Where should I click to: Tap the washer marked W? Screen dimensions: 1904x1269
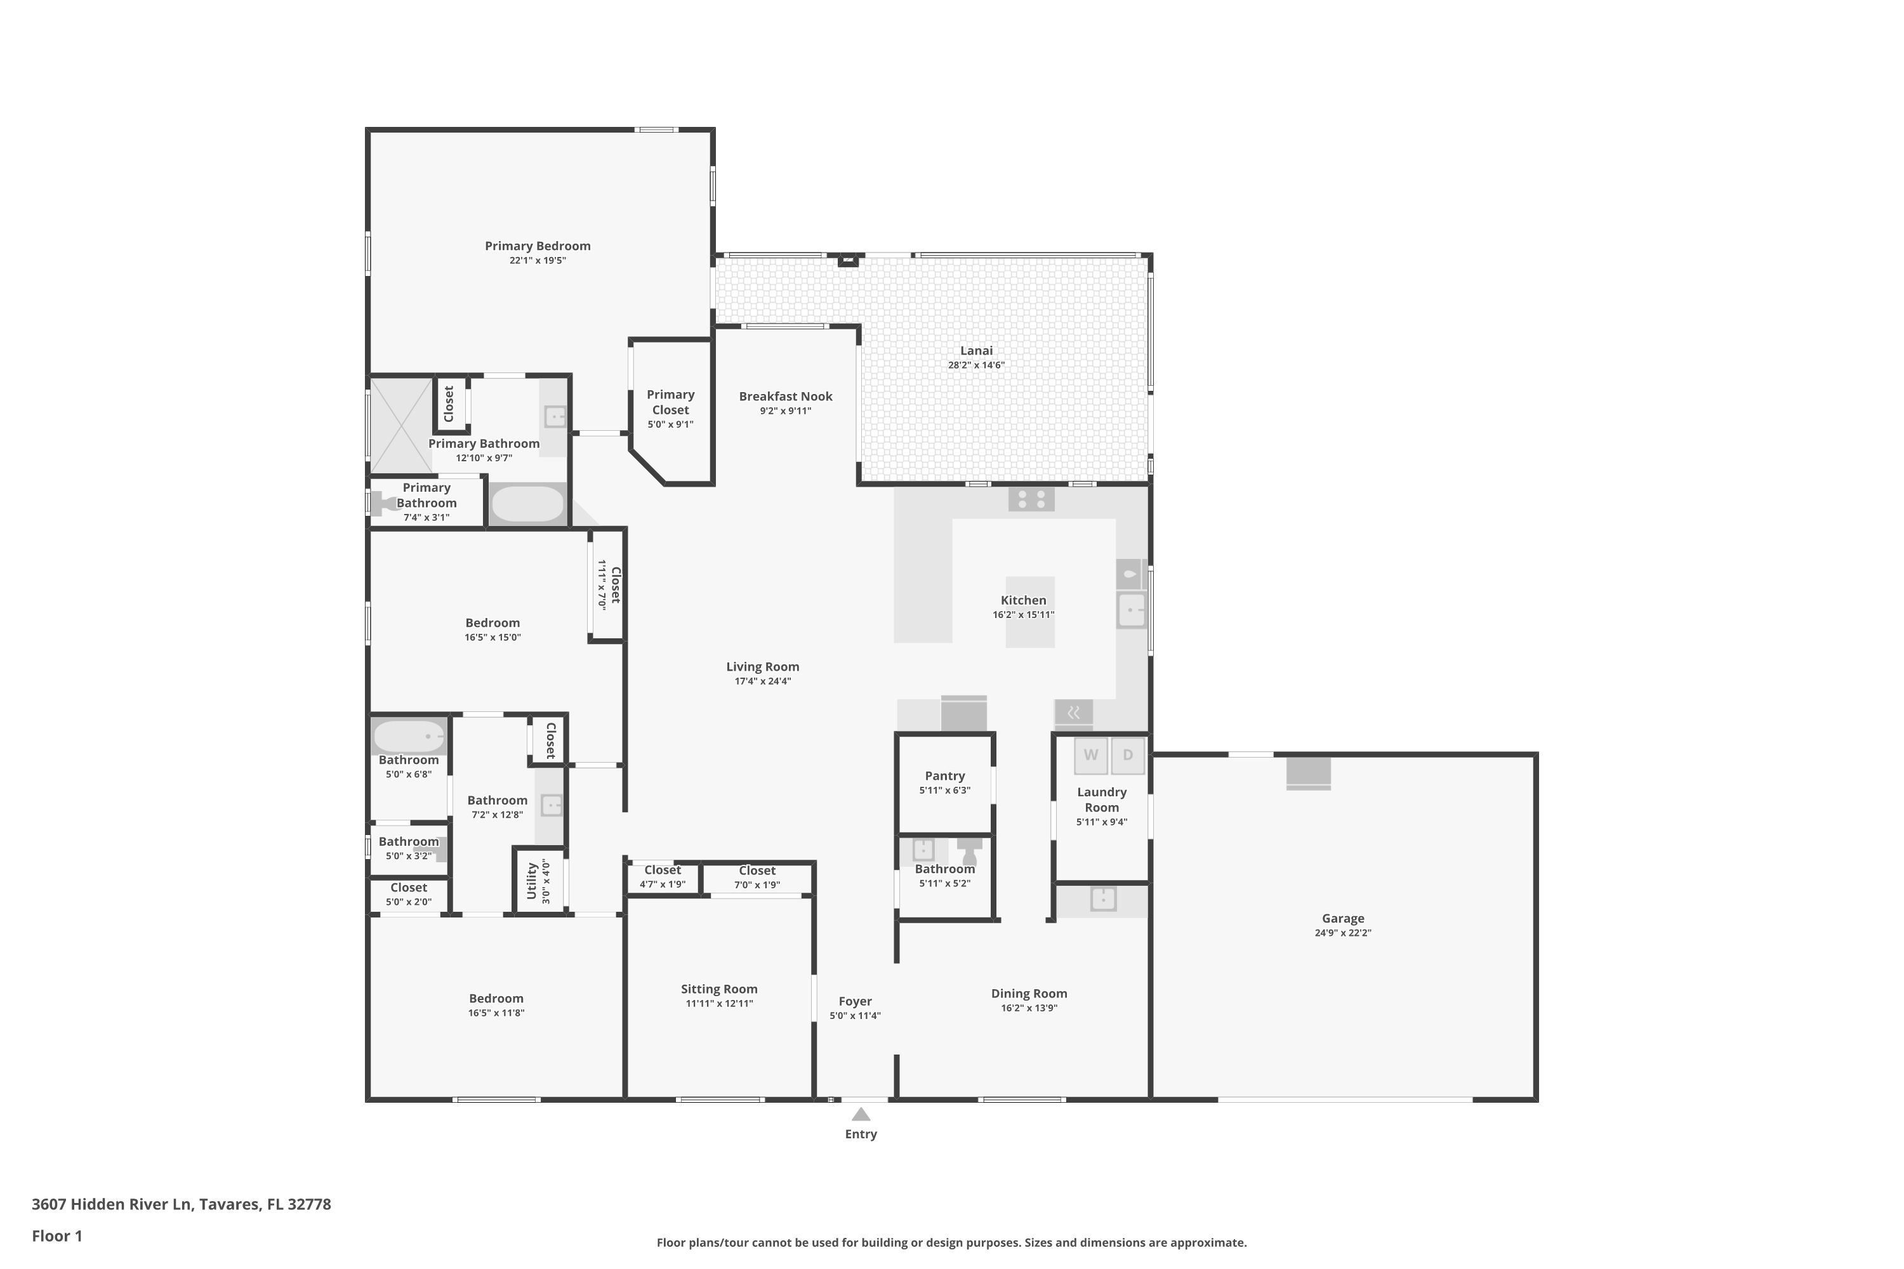point(1090,755)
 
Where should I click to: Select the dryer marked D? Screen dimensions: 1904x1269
point(1128,755)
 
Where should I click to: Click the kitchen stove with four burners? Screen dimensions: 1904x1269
point(1031,499)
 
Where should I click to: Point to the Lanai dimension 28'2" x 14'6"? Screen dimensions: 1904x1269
point(976,365)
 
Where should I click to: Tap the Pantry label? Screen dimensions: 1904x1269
point(945,775)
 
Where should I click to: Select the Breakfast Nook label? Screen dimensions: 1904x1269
point(785,396)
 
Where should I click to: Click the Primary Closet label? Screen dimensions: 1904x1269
point(670,402)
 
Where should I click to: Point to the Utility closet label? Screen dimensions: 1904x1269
point(532,881)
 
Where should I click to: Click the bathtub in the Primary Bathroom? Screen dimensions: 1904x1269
point(528,503)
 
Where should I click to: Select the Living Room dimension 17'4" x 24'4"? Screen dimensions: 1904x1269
point(763,681)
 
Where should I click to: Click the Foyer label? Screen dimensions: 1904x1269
point(855,1001)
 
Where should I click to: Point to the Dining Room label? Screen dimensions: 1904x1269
point(1029,993)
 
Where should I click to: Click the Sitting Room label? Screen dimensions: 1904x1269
point(719,989)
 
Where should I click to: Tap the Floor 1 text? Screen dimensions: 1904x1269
point(56,1236)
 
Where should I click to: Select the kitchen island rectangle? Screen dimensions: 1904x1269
point(1031,612)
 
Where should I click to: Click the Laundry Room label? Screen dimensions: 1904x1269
point(1102,799)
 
